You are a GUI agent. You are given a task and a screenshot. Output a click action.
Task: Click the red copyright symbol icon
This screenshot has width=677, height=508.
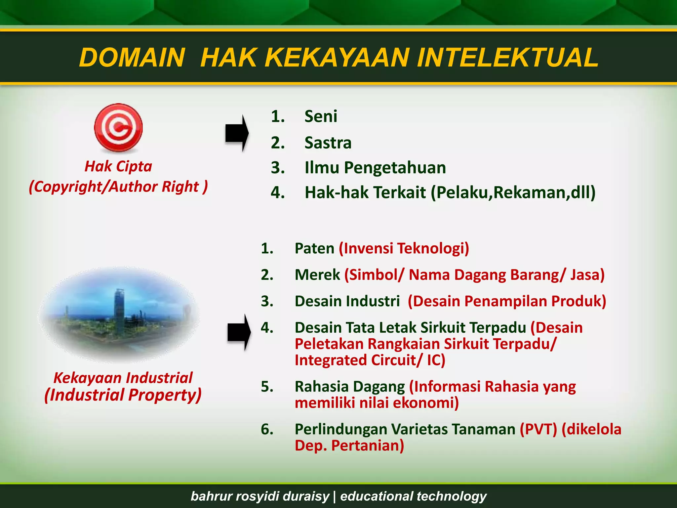118,128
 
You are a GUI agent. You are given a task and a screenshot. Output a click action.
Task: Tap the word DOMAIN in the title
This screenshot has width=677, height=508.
132,58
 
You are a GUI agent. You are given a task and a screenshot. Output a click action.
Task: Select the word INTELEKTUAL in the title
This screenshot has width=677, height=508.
507,58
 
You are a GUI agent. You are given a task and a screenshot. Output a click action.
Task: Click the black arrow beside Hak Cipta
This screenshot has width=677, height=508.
237,133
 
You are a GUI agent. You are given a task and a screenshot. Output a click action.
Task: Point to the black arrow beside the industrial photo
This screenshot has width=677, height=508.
239,332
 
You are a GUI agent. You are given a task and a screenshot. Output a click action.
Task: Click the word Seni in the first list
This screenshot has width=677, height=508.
321,116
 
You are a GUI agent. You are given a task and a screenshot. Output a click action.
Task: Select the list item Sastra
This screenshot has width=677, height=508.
328,143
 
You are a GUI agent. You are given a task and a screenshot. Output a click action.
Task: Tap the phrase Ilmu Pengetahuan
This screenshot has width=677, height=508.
375,168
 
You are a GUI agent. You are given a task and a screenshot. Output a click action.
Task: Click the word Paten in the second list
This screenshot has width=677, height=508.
314,248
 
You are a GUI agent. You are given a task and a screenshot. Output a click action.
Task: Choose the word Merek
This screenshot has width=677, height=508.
317,275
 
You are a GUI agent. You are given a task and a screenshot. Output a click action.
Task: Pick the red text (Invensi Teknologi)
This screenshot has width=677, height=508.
404,248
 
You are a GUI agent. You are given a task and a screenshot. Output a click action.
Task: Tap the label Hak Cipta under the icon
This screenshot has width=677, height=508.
118,166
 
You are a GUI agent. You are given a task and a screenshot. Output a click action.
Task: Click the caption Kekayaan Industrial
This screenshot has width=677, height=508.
123,378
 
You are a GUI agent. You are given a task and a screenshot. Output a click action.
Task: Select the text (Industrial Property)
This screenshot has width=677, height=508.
123,395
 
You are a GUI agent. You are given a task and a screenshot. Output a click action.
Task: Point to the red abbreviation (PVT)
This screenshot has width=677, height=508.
538,429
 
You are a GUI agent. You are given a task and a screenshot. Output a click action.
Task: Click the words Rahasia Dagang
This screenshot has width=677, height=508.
349,387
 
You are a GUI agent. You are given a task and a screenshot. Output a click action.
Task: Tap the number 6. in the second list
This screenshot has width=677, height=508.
267,429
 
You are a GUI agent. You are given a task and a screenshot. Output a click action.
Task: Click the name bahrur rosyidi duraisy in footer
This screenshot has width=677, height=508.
260,496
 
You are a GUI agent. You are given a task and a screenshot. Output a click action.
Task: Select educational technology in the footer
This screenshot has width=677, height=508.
413,496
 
